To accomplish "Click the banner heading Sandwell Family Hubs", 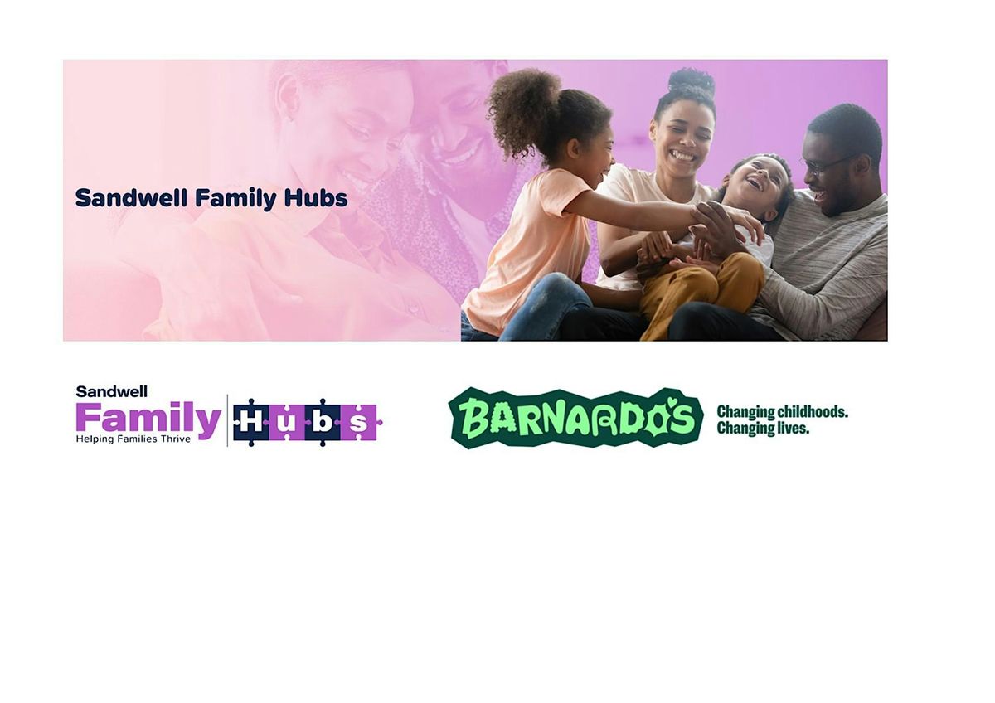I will coord(211,198).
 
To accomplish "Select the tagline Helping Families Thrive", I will coord(133,439).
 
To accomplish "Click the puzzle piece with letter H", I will coord(251,423).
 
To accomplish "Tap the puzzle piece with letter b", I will coord(323,423).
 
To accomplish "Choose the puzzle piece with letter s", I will coord(359,423).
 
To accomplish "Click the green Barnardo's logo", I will coord(575,418).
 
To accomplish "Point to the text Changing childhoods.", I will coord(782,412).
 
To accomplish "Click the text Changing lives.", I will coord(762,429).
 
